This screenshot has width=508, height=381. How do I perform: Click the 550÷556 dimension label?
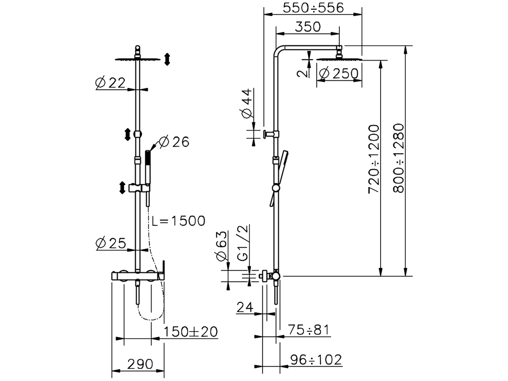click(x=313, y=8)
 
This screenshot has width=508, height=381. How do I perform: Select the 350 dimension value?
click(x=308, y=27)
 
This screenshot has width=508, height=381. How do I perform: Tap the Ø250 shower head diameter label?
click(x=339, y=73)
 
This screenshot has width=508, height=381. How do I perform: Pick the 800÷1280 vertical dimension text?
click(x=398, y=158)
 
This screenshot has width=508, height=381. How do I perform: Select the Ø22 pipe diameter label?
click(x=110, y=83)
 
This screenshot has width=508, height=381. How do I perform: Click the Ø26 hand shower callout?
click(x=173, y=142)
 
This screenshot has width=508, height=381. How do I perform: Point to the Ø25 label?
click(x=111, y=243)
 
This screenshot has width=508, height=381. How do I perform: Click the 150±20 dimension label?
click(x=191, y=331)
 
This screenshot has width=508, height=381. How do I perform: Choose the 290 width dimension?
click(x=140, y=364)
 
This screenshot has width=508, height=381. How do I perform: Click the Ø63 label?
click(x=221, y=246)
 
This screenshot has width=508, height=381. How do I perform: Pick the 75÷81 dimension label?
click(x=308, y=330)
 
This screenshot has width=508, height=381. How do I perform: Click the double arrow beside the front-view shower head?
click(x=167, y=59)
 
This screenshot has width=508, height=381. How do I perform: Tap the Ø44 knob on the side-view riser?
click(x=265, y=134)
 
